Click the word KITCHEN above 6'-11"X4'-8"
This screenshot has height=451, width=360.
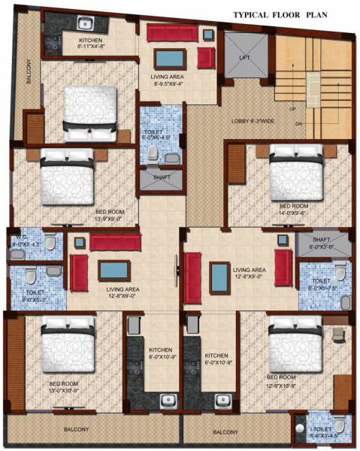click(x=83, y=39)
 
